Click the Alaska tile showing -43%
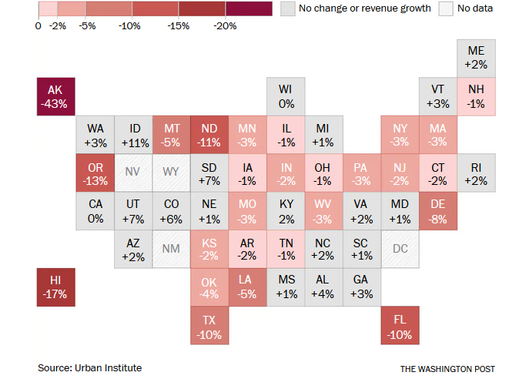click(x=56, y=96)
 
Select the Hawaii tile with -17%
click(x=56, y=287)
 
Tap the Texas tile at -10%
click(x=209, y=326)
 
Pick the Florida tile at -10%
click(x=400, y=326)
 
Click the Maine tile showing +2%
click(x=476, y=58)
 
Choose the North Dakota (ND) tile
click(x=209, y=135)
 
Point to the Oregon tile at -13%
click(x=95, y=173)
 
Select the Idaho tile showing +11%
click(x=133, y=135)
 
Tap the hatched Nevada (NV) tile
click(x=133, y=173)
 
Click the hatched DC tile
click(x=400, y=249)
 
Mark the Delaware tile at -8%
click(x=437, y=211)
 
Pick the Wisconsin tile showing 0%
click(x=286, y=96)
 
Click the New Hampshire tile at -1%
click(x=476, y=96)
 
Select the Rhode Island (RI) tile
click(x=476, y=173)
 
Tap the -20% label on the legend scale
click(x=226, y=25)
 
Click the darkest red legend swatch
click(x=249, y=8)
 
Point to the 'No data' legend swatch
click(x=445, y=8)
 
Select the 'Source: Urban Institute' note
click(x=89, y=368)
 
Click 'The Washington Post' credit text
click(x=447, y=369)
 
